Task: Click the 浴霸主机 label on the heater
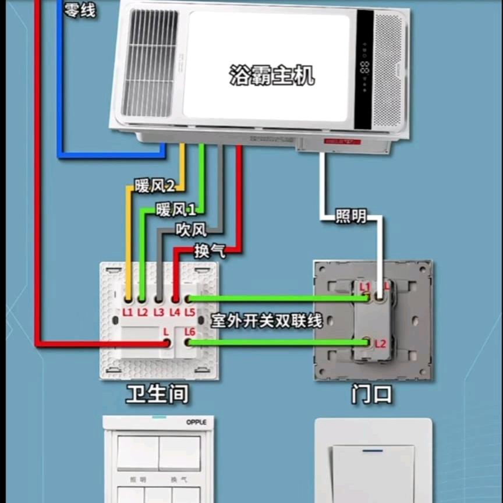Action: [271, 75]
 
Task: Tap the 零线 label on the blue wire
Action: [79, 9]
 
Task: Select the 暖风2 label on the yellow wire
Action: [154, 186]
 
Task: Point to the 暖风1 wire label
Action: [176, 210]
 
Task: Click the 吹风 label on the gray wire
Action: [191, 231]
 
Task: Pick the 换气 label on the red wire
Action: [210, 251]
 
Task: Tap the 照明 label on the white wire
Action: [351, 217]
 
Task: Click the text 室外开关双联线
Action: [266, 321]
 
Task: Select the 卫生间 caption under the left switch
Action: [157, 395]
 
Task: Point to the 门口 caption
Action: [371, 395]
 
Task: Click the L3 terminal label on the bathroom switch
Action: [159, 313]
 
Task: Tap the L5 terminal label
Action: [190, 313]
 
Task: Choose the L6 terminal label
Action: [189, 332]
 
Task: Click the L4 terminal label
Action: [175, 313]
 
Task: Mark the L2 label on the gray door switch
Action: [380, 343]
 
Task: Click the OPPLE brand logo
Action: [197, 422]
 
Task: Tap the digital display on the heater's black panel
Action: [365, 67]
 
